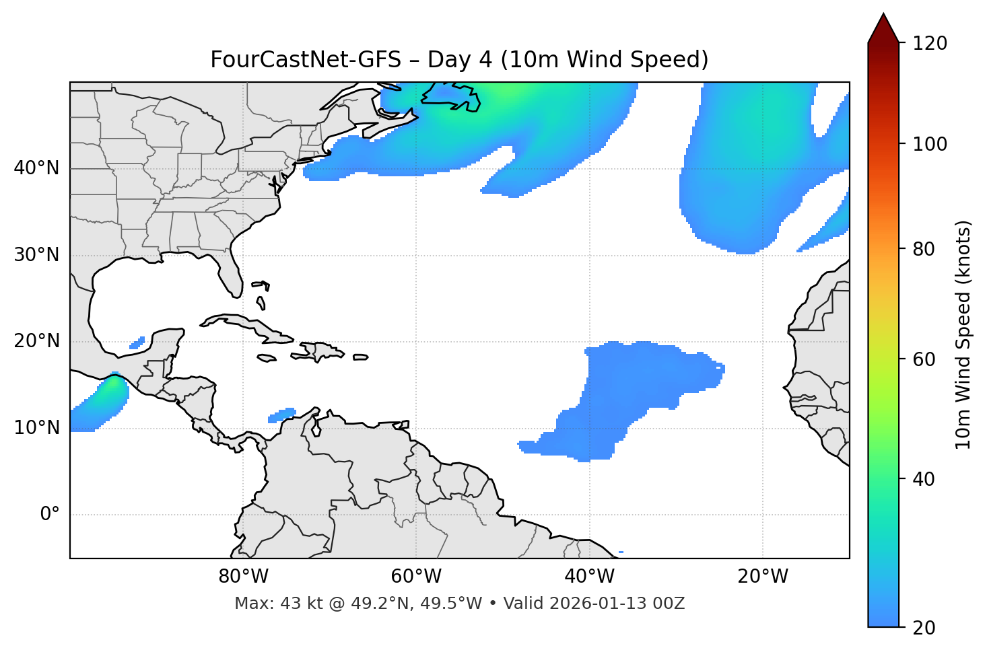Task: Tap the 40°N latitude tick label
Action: click(36, 168)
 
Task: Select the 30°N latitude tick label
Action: click(36, 255)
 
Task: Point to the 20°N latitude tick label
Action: click(36, 341)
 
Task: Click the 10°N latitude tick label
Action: click(36, 428)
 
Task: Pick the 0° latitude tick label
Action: click(50, 515)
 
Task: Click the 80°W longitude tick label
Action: click(243, 577)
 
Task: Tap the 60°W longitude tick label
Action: click(416, 577)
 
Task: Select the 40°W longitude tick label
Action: click(589, 577)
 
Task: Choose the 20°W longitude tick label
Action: click(763, 577)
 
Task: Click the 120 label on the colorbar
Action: click(929, 44)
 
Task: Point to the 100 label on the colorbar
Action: click(929, 144)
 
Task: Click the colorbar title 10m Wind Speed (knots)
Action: click(963, 334)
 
